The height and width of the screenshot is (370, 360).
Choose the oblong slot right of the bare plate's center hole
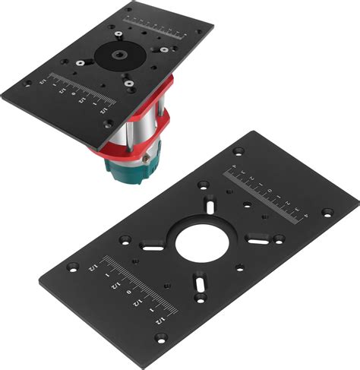257,242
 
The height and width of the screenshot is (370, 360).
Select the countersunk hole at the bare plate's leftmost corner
73,267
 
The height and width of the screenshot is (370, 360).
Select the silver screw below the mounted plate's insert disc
130,83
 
